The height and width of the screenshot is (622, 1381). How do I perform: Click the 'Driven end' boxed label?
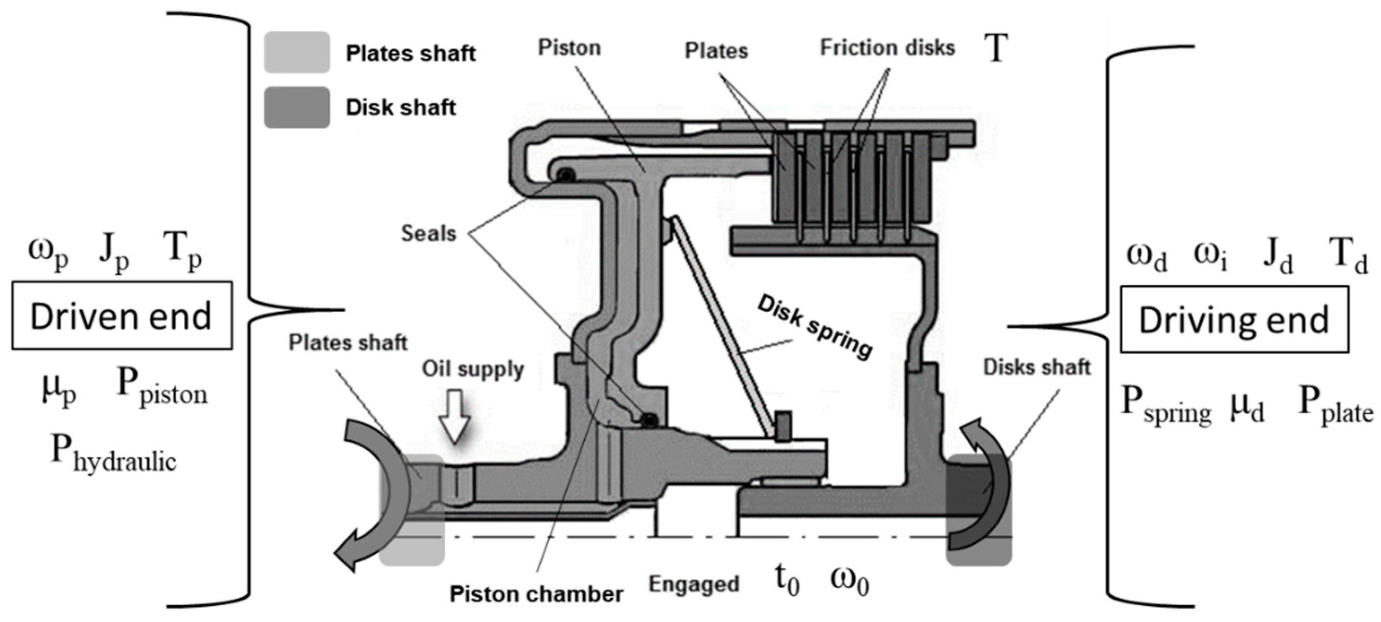coord(121,316)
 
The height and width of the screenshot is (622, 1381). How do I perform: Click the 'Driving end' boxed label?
coord(1234,320)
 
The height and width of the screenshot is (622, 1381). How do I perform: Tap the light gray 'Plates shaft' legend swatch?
coord(296,52)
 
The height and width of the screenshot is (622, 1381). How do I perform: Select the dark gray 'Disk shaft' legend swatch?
coord(296,107)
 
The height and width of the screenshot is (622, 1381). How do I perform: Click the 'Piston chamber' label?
coord(536,594)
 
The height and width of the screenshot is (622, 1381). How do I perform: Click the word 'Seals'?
coord(428,233)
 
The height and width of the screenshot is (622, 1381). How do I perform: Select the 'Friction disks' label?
coord(887,48)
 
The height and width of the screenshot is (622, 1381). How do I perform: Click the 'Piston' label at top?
coord(569,48)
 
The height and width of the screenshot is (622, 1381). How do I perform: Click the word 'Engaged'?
coord(694,584)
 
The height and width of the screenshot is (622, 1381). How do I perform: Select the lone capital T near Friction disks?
coord(996,48)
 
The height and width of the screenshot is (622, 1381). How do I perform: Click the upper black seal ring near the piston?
coord(564,175)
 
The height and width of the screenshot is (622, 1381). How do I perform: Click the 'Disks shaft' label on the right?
coord(1036,367)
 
